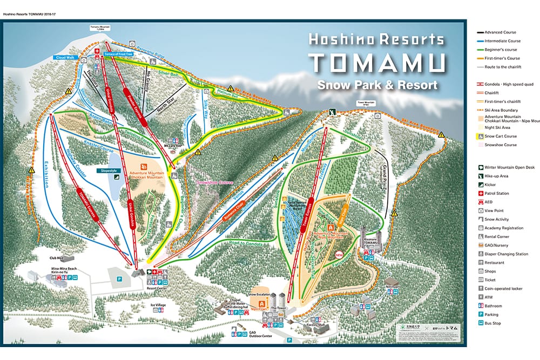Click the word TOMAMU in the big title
(377, 64)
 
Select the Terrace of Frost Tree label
(119, 54)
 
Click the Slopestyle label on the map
(109, 171)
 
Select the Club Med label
(57, 259)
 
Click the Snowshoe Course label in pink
(214, 183)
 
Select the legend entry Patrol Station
(496, 193)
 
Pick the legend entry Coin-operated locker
(502, 289)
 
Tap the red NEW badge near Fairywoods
(340, 254)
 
